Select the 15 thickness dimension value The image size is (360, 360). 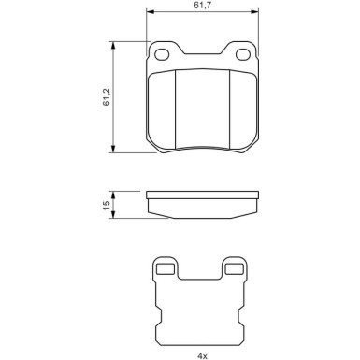(x=108, y=204)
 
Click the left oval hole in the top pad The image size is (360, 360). (x=163, y=53)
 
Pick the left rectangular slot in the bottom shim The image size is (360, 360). (x=166, y=270)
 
